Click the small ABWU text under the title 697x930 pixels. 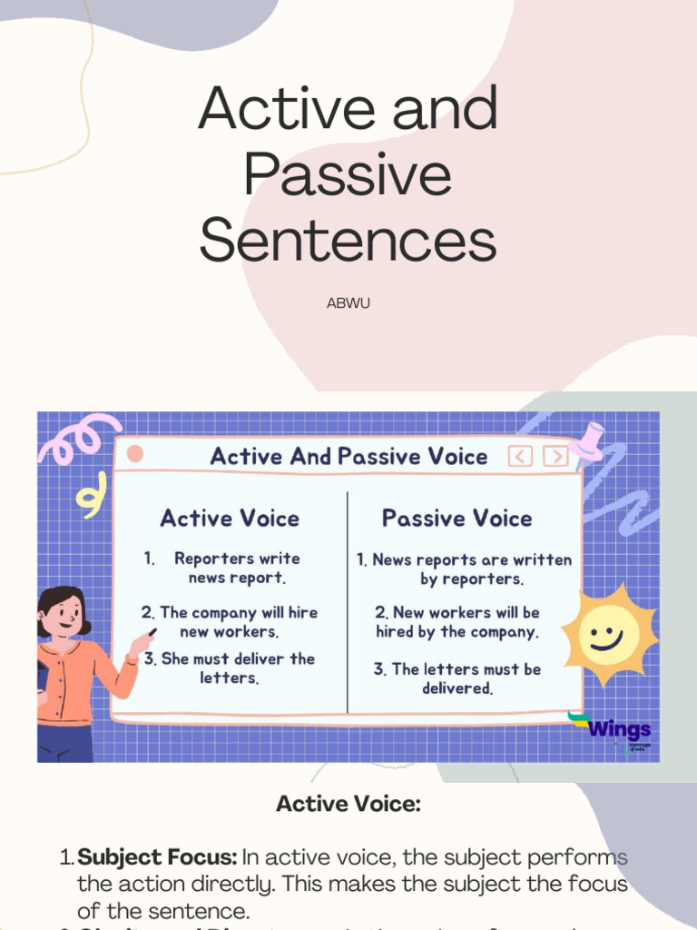click(x=348, y=303)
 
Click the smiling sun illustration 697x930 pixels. click(x=608, y=634)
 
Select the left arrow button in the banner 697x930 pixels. click(x=520, y=456)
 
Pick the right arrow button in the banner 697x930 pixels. click(x=555, y=456)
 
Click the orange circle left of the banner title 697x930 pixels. click(x=135, y=454)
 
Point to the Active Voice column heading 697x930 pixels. click(x=230, y=519)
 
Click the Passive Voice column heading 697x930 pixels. click(x=456, y=519)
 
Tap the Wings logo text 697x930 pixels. click(x=620, y=729)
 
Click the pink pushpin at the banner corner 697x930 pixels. click(x=592, y=439)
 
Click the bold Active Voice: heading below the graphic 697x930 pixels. click(x=348, y=803)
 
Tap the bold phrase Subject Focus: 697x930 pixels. click(x=158, y=857)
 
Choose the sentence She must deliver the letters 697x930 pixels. click(x=230, y=668)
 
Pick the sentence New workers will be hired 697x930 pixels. click(x=457, y=622)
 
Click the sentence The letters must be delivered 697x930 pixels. click(x=457, y=678)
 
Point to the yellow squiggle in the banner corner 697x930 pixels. click(x=89, y=499)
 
